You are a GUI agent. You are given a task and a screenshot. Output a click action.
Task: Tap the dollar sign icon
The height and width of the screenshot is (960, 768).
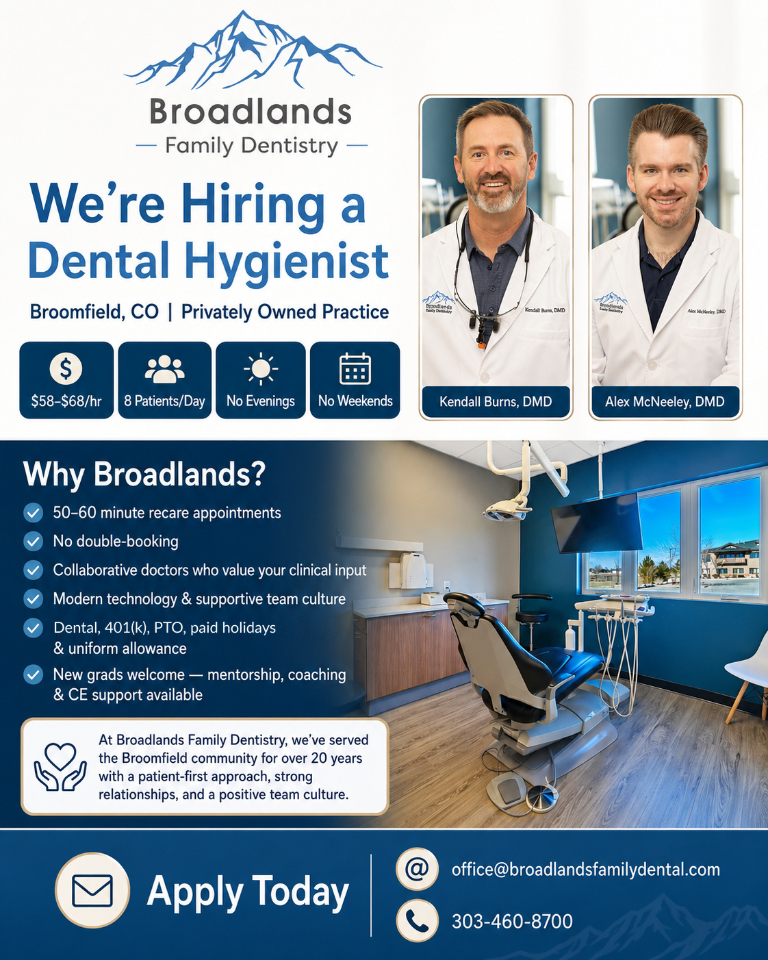pos(66,368)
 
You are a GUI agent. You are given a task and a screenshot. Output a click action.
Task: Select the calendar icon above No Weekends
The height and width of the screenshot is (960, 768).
pos(355,368)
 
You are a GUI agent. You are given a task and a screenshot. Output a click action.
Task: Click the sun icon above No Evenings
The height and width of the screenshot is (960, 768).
pos(261,369)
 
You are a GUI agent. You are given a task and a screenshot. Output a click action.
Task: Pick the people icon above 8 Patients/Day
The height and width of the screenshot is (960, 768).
pos(164,369)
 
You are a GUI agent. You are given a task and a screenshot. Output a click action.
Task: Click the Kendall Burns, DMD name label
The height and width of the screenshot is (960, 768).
pos(496,401)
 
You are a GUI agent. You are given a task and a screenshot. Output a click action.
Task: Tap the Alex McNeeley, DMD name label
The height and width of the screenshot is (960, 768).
pos(665,401)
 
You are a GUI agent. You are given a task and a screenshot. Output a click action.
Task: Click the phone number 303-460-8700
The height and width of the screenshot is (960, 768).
pos(512,922)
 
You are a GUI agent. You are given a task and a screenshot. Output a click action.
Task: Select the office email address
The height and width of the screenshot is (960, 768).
pos(586,870)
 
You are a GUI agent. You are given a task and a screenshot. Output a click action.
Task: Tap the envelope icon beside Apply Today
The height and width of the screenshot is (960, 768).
pos(92,890)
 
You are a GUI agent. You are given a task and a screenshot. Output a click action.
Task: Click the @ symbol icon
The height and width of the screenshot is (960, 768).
pos(417,868)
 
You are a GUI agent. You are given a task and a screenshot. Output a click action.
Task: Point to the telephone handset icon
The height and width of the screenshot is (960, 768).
pos(417,920)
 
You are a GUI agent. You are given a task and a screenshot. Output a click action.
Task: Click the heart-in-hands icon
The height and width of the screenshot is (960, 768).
pos(60,766)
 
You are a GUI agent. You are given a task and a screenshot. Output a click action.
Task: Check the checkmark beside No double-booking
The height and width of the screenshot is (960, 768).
pos(33,541)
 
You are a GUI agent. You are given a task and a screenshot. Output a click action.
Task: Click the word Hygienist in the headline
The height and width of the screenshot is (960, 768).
pos(286,261)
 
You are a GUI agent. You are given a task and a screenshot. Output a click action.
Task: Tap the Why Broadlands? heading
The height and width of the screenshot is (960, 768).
pos(144,474)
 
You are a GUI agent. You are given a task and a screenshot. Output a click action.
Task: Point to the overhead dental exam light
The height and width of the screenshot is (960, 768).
pos(507,511)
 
